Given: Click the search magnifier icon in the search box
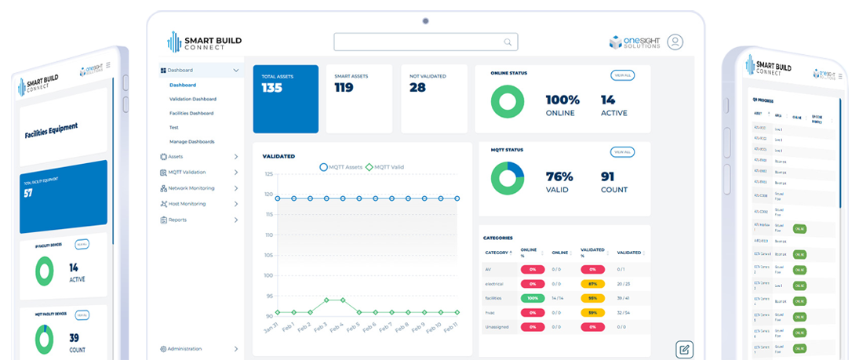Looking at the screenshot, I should coord(508,42).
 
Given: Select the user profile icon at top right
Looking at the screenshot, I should coord(675,42).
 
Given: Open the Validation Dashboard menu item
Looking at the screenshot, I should coord(192,99).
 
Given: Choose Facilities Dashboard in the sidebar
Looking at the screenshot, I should coord(191,113).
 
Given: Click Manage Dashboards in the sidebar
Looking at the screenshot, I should coord(191,141).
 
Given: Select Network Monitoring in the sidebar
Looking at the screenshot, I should coord(191,188).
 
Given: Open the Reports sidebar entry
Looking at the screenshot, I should coord(177,220).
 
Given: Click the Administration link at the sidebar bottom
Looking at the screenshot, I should coord(184,349).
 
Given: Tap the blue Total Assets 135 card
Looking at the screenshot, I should coord(286,99).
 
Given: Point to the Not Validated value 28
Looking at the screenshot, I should coord(417,88).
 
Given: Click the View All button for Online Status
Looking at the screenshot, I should coord(622,75).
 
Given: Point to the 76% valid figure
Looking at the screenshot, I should coord(560,176).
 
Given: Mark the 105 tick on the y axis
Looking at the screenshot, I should coord(269,256).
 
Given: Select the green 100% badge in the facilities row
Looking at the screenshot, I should coord(532,298).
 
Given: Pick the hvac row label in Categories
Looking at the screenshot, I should coord(490,312).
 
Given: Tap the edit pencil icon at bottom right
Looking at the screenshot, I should coord(684,349).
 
